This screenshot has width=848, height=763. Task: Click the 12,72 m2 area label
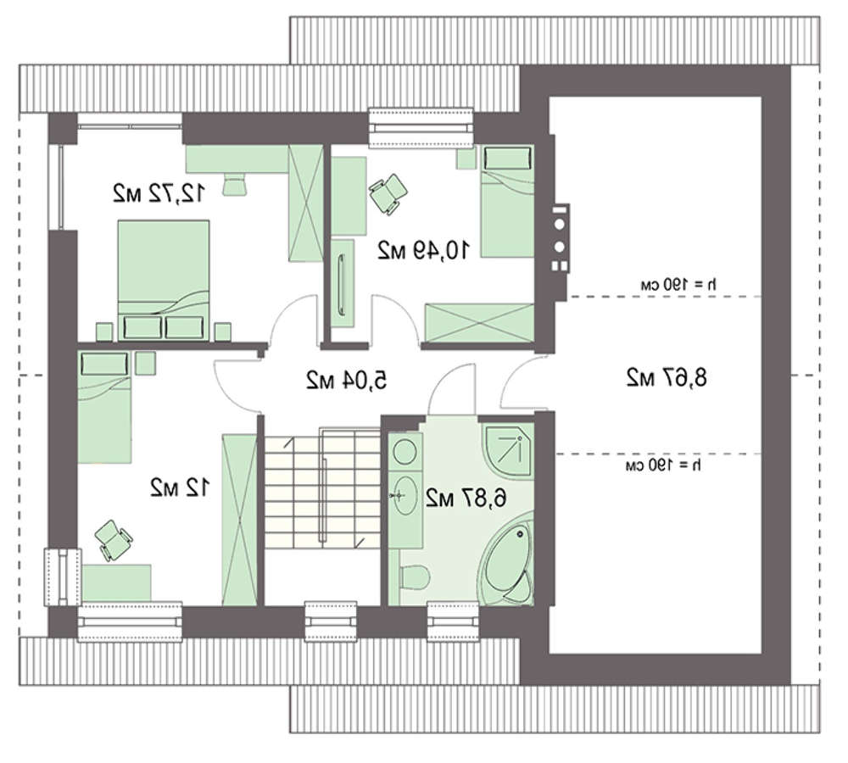coord(159,193)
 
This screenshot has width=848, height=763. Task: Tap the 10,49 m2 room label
coord(423,250)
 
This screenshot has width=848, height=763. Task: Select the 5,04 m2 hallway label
coord(347,380)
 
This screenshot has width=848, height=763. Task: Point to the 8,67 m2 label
coord(667,377)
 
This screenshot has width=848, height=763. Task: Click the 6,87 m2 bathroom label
coord(466,498)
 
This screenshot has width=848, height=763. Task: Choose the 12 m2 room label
coord(178,488)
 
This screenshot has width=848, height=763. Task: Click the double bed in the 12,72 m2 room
coord(164,280)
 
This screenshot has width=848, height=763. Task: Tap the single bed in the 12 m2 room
coord(104,407)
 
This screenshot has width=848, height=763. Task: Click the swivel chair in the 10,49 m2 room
coord(388,193)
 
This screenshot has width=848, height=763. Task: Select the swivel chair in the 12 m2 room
coord(113,540)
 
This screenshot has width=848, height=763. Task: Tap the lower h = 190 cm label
coord(664,465)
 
